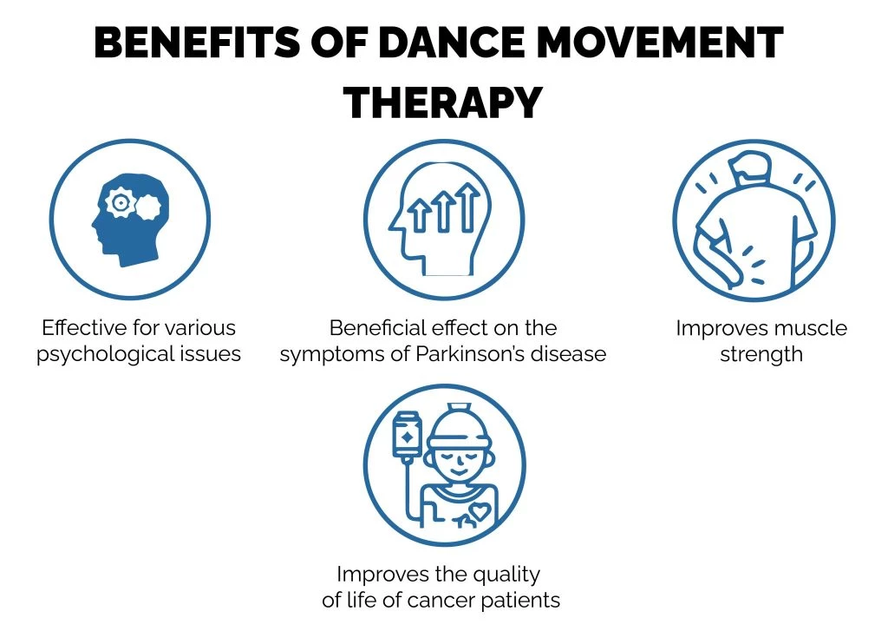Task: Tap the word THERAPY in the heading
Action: click(443, 103)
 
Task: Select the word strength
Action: click(761, 354)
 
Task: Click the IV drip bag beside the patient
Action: click(404, 433)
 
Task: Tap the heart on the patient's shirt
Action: click(479, 513)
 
